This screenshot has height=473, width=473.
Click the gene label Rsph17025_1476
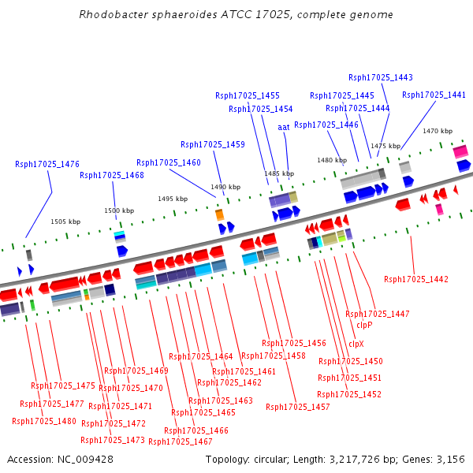pyautogui.click(x=47, y=164)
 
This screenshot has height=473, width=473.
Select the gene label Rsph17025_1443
pyautogui.click(x=381, y=77)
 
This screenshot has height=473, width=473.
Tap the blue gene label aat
pyautogui.click(x=284, y=127)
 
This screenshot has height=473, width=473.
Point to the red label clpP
pyautogui.click(x=364, y=325)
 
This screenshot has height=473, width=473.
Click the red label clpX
pyautogui.click(x=356, y=344)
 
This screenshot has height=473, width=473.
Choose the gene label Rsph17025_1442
pyautogui.click(x=416, y=279)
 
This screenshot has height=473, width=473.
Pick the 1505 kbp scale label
pyautogui.click(x=65, y=222)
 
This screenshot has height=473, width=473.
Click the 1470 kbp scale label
pyautogui.click(x=438, y=131)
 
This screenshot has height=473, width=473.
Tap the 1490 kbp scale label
pyautogui.click(x=225, y=187)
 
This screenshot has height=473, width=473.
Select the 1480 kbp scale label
pyautogui.click(x=332, y=160)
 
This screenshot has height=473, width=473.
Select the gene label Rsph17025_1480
pyautogui.click(x=44, y=421)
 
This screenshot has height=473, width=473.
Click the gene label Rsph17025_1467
pyautogui.click(x=181, y=441)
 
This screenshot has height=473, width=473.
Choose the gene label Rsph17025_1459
pyautogui.click(x=213, y=144)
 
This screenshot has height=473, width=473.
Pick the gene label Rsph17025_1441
pyautogui.click(x=434, y=95)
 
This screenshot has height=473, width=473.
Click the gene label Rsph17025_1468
pyautogui.click(x=112, y=175)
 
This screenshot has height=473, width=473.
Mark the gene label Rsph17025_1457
pyautogui.click(x=298, y=407)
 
